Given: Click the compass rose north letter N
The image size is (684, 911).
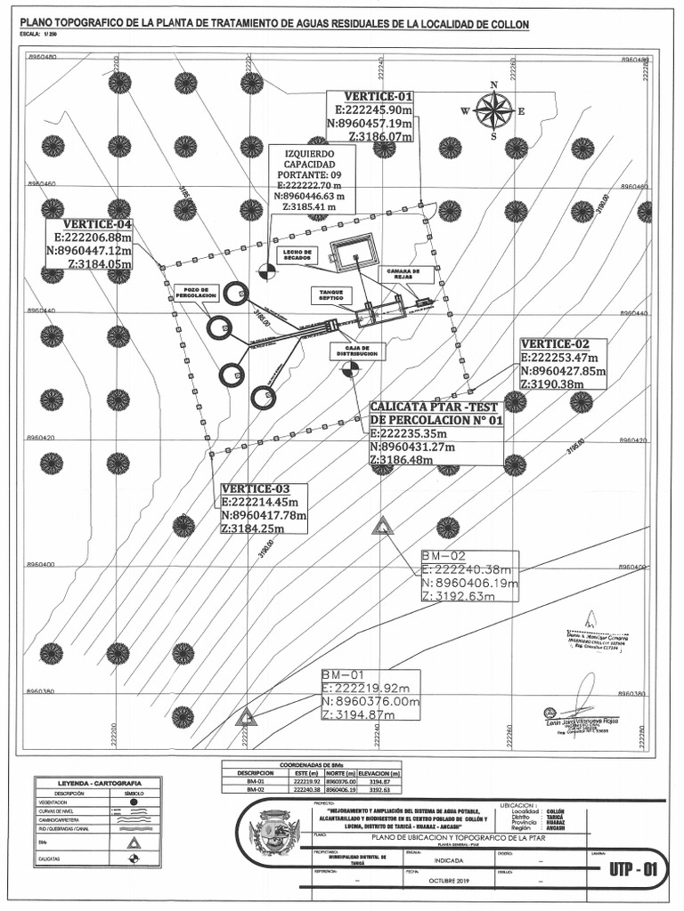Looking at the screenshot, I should coord(493,85).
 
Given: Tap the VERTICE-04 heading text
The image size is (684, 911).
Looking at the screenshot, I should coord(97,225).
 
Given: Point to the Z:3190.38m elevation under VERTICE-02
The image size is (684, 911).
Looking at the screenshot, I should coord(551,384).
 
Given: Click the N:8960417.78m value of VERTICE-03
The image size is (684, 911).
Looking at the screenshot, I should coord(264,515).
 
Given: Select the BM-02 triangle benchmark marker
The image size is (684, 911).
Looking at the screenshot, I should coord(383,526).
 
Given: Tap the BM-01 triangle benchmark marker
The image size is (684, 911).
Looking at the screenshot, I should coord(247,714).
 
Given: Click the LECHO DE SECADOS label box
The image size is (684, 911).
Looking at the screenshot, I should coord(296,254).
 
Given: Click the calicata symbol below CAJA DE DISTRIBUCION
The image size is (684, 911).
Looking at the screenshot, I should coord(351,368).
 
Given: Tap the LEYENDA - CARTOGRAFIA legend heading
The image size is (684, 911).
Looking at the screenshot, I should coord(87,783).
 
